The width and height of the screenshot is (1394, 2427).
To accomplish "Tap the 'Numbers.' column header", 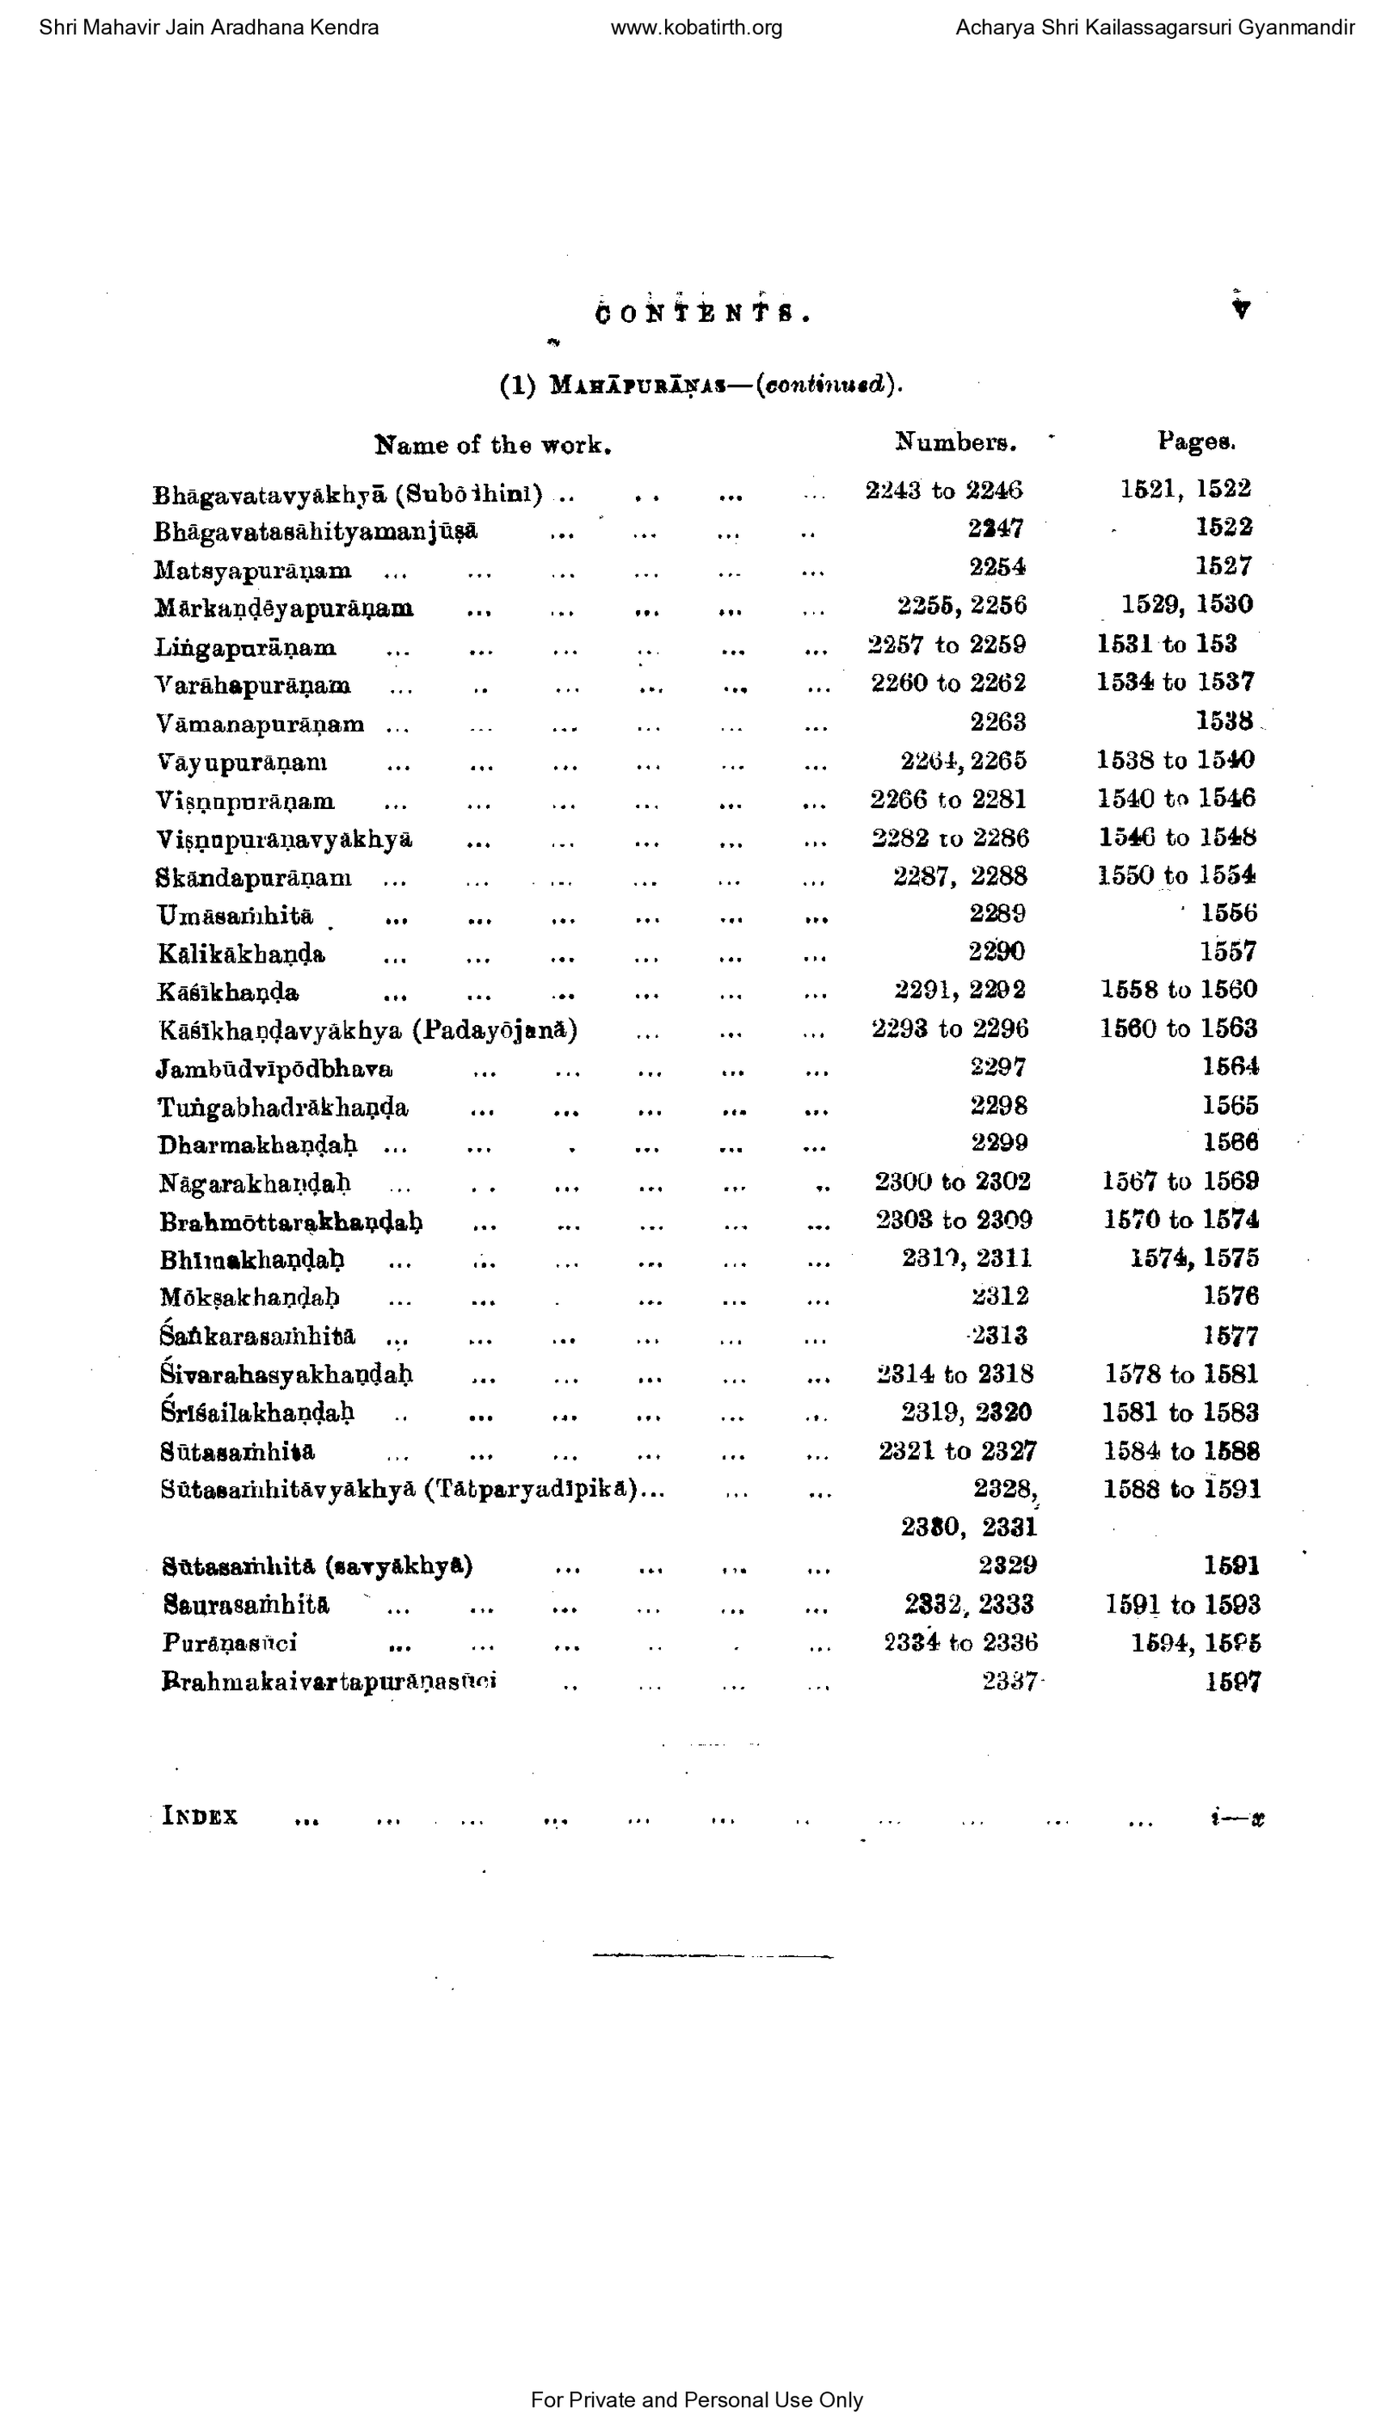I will pos(955,443).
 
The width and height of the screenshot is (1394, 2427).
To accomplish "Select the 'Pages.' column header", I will pos(1196,442).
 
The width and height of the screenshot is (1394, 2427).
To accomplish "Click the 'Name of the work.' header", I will pos(492,445).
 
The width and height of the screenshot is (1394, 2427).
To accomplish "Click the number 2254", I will pos(997,567).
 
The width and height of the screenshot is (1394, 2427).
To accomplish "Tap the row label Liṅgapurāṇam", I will pos(245,649).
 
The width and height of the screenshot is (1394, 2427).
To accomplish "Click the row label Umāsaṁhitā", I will pos(235,917).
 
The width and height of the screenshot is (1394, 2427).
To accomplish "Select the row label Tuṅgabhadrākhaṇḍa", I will pos(282,1108).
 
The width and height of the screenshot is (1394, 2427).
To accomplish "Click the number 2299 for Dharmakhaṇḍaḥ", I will pos(998,1143).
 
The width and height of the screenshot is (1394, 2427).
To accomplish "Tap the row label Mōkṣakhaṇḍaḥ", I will pos(250,1298).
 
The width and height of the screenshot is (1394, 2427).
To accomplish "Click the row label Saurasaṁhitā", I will pos(246,1604).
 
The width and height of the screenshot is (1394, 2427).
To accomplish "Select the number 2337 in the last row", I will pos(1009,1682).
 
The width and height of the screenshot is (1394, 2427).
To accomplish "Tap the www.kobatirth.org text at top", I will pos(696,28).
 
